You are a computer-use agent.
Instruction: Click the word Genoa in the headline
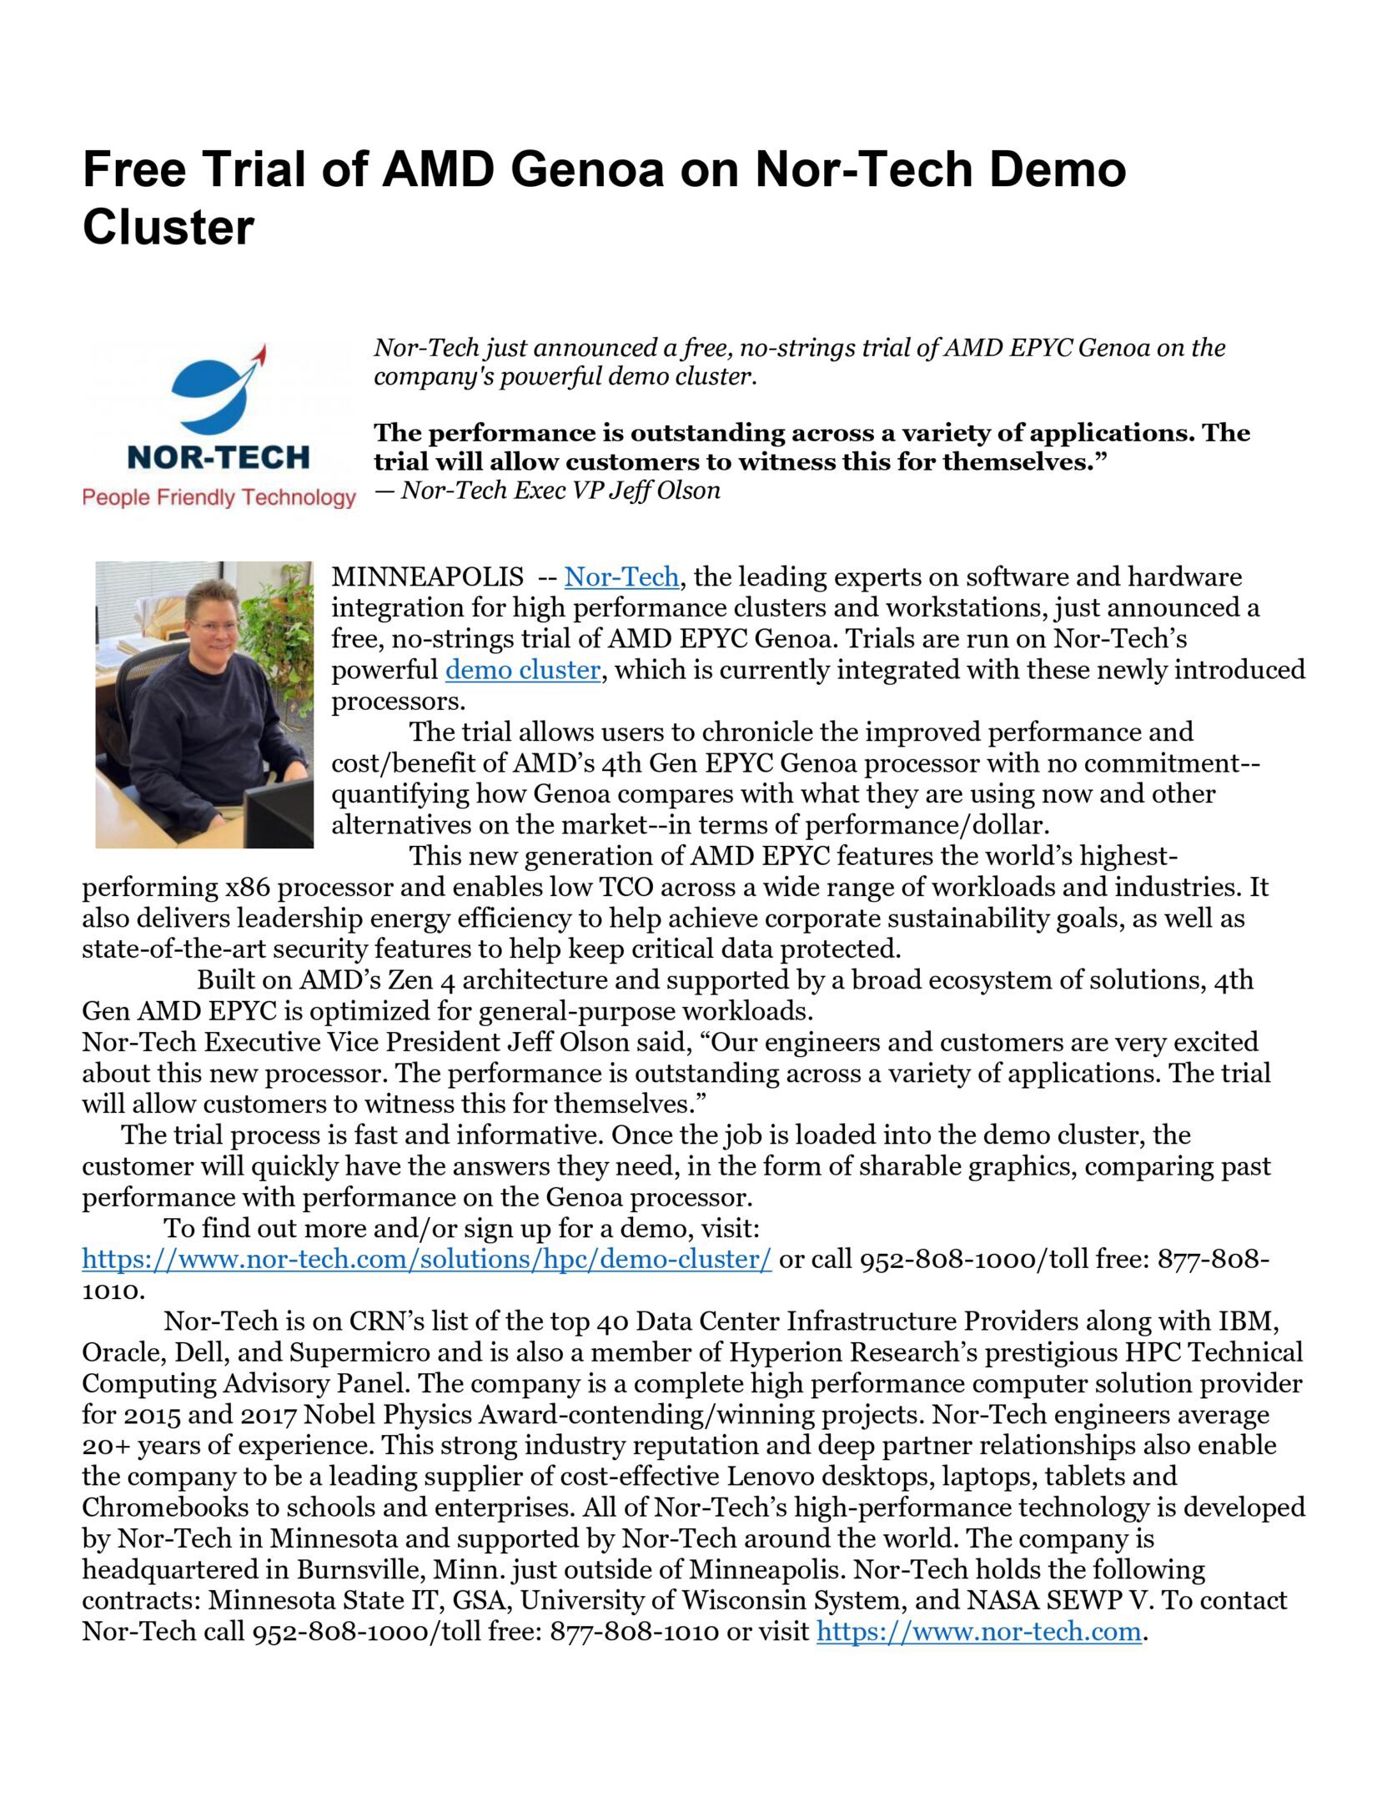coord(587,169)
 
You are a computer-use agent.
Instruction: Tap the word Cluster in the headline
coord(168,227)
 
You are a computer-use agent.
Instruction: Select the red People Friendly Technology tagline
coord(219,498)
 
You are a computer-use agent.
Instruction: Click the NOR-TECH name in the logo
coord(219,457)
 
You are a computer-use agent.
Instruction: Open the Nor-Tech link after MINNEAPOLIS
coord(621,577)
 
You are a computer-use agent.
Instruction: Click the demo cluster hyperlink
coord(522,670)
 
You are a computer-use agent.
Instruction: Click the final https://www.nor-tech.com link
coord(978,1631)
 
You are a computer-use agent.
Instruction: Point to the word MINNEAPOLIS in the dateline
coord(427,577)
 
